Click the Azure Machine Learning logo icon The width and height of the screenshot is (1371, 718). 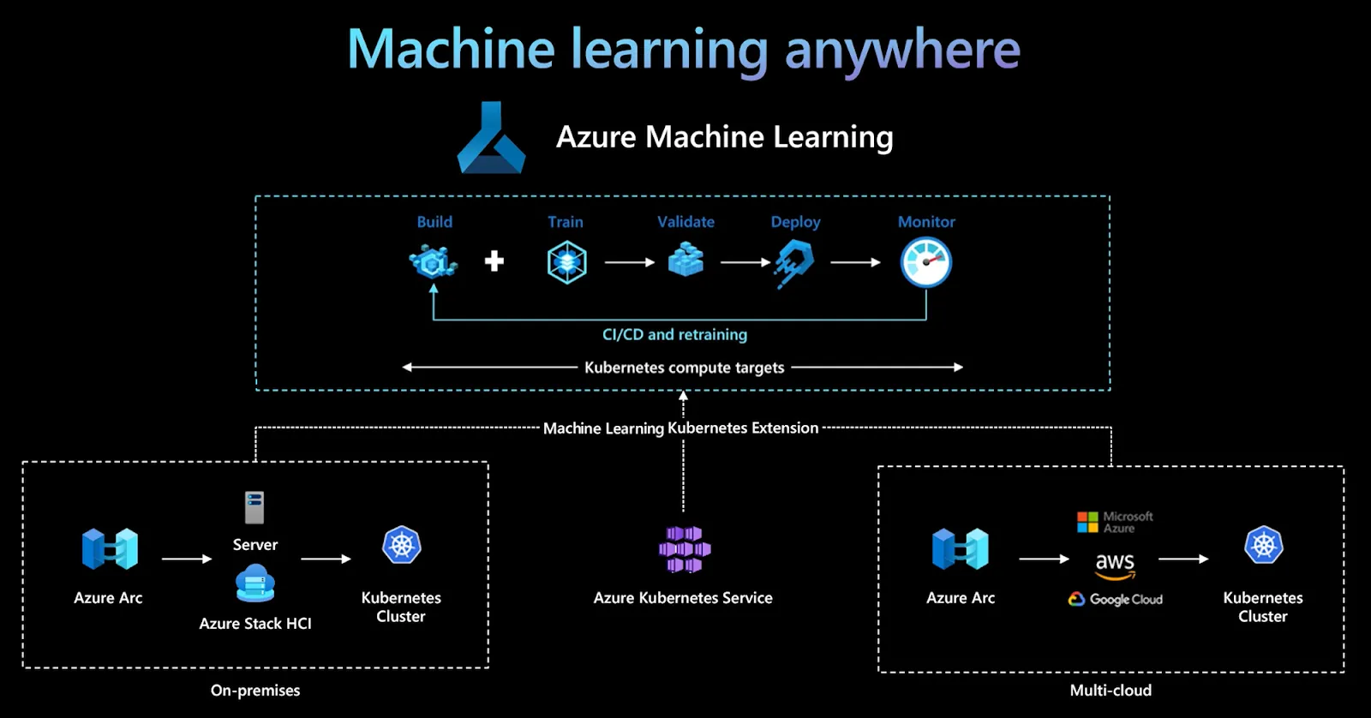coord(491,139)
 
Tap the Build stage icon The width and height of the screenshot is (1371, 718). coord(433,261)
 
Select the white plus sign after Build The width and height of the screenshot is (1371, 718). coord(494,261)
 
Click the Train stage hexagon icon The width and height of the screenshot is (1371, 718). coord(566,262)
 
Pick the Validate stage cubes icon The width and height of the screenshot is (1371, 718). coord(685,259)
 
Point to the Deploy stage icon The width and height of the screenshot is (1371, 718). coord(794,262)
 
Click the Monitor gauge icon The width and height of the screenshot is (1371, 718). coord(925,262)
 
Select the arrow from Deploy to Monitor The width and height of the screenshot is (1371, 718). coord(855,262)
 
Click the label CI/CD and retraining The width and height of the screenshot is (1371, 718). coord(674,335)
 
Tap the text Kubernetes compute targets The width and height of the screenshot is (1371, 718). coord(684,368)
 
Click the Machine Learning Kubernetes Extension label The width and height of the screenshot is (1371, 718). coord(680,428)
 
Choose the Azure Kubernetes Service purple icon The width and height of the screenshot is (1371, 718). coord(684,549)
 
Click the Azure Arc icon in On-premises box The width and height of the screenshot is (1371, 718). coord(110,549)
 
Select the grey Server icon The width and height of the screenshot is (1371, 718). coord(254,507)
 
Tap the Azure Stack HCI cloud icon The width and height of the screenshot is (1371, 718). coord(254,583)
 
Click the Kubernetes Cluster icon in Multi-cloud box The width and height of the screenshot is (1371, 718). coord(1263,545)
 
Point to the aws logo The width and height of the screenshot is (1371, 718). coord(1115,564)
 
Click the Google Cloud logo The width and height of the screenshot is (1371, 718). coord(1115,599)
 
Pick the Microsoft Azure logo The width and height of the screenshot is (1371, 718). coord(1115,522)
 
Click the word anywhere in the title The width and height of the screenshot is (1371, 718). coord(902,50)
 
